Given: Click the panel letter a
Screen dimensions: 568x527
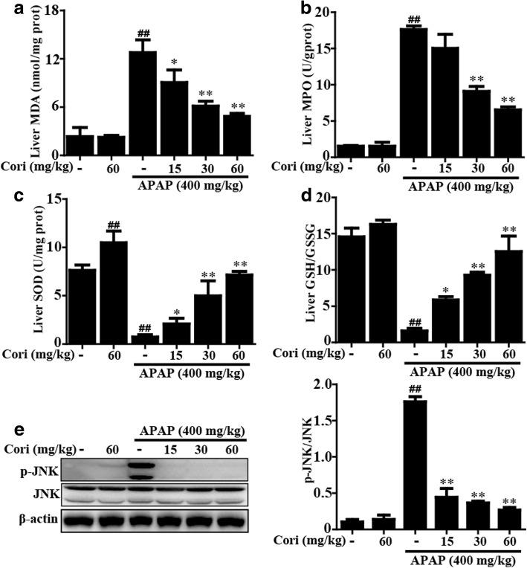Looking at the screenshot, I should point(9,10).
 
